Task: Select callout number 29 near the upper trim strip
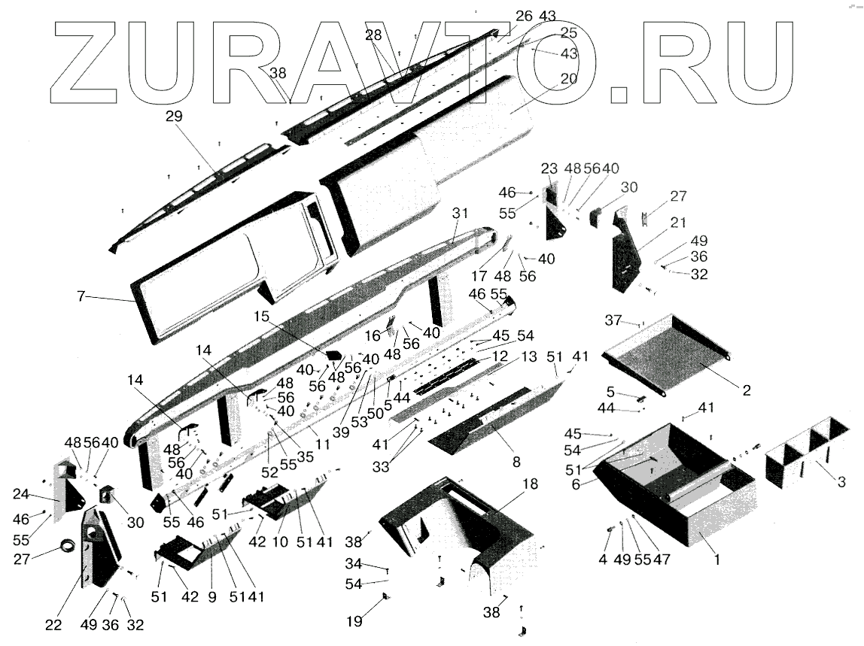click(x=175, y=117)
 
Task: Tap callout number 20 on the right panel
click(x=568, y=78)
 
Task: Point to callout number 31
click(x=460, y=213)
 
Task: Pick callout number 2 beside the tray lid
click(x=746, y=390)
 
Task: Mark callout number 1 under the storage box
click(x=716, y=560)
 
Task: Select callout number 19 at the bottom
click(x=354, y=621)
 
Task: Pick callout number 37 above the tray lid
click(x=613, y=320)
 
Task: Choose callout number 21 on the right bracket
click(x=680, y=223)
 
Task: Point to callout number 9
click(x=212, y=596)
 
